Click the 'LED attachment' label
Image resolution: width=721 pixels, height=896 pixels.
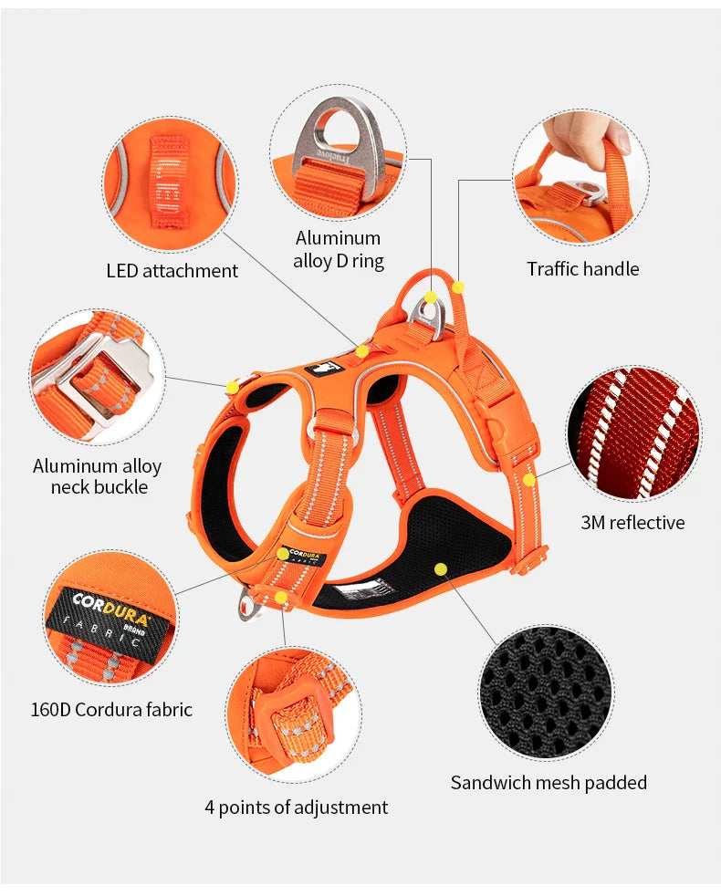[172, 271]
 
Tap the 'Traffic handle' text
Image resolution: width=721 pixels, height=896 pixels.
[582, 269]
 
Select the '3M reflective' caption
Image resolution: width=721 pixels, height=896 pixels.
[632, 523]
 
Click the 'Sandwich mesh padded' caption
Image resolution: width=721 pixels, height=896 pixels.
[549, 783]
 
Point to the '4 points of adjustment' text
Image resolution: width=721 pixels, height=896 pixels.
[296, 807]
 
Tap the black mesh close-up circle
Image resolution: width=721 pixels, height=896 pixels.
[547, 692]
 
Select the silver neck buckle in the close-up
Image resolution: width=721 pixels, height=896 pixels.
[91, 379]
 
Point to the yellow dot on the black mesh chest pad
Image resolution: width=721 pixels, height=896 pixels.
[441, 568]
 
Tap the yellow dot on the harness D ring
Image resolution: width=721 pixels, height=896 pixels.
[431, 297]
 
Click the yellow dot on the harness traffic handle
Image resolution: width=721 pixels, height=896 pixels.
[458, 287]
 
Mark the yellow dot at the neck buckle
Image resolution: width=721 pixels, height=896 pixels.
[233, 388]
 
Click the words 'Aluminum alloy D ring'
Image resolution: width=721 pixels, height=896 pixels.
[338, 249]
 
